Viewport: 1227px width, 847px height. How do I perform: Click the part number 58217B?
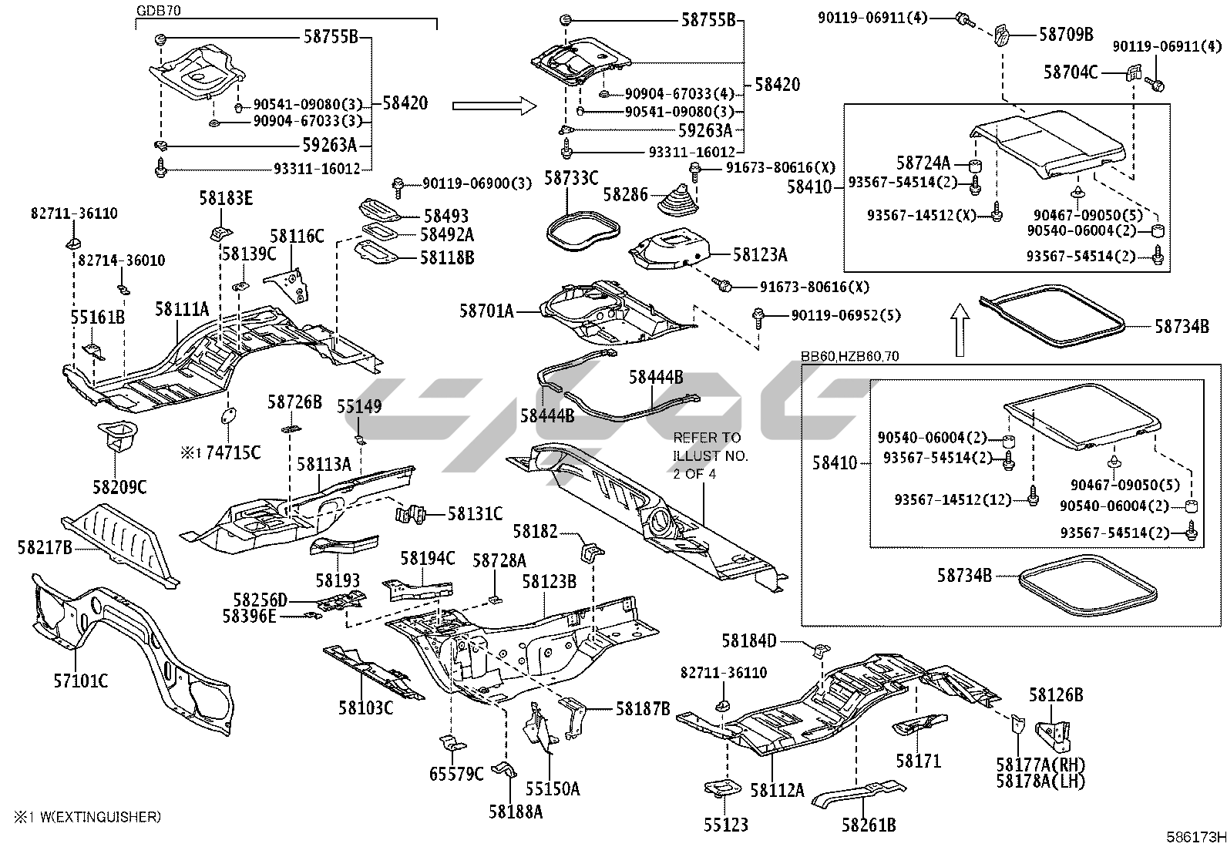[x=45, y=547]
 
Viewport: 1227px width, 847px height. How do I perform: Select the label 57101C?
[x=80, y=681]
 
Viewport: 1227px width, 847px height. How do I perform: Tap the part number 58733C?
[x=571, y=179]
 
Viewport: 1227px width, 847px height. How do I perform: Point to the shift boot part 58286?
[x=676, y=200]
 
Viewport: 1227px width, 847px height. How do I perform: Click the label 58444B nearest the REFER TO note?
[x=655, y=377]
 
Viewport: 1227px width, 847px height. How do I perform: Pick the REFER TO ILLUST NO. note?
[x=707, y=455]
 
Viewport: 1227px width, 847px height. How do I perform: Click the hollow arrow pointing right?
[x=493, y=105]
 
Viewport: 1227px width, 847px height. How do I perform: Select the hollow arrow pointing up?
[x=960, y=329]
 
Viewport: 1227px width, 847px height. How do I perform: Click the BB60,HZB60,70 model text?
[x=849, y=356]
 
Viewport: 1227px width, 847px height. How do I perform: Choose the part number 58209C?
[x=119, y=487]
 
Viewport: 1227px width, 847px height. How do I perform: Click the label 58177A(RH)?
[x=1040, y=765]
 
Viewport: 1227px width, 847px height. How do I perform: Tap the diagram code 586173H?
[x=1195, y=836]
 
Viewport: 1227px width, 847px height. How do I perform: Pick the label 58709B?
[x=1066, y=35]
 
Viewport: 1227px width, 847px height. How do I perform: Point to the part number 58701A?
[x=486, y=311]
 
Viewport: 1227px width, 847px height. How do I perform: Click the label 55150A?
[x=553, y=788]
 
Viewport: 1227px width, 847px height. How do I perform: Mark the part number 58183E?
[x=226, y=198]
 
